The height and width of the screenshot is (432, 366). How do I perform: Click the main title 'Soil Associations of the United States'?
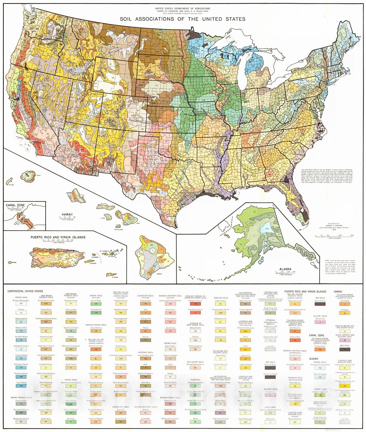183,19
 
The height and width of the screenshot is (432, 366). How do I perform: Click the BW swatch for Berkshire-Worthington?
21,304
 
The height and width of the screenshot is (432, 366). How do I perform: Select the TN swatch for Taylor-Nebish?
21,386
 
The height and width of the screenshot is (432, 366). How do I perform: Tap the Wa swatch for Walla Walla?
146,386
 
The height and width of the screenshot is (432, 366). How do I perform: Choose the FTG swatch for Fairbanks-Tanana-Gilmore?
320,368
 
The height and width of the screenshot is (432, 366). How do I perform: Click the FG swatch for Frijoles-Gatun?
320,349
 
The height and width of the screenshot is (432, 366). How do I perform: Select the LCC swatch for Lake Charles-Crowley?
220,422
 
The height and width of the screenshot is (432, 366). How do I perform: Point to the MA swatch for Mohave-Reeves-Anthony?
195,368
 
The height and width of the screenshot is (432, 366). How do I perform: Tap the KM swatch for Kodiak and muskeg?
320,377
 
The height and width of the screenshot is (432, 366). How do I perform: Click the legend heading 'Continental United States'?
25,291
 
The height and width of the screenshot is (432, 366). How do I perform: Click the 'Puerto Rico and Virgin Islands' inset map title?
58,237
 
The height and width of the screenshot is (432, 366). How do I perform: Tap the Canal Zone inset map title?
15,205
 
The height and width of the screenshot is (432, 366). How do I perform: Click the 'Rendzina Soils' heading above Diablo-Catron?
221,298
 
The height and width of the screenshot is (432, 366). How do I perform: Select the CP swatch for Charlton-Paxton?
21,404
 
